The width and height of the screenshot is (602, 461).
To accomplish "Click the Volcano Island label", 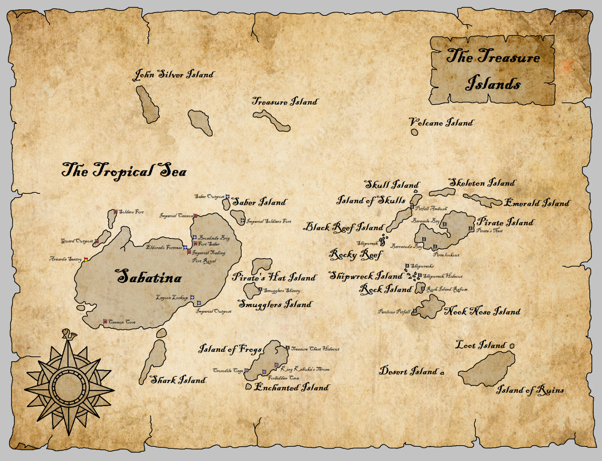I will click(x=441, y=122).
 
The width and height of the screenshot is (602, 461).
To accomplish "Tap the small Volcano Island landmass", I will click(x=414, y=132).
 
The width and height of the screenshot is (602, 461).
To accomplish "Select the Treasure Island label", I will click(x=285, y=102).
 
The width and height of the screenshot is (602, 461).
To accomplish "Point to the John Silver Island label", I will click(x=174, y=75).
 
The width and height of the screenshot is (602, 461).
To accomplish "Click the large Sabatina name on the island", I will click(x=149, y=277).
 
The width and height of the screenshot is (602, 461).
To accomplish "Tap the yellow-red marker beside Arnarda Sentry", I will click(x=86, y=259).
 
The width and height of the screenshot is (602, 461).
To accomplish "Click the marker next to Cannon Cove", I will click(x=105, y=322).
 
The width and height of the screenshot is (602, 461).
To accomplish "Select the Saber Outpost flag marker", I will click(x=227, y=196).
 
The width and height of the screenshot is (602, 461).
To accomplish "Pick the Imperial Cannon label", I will click(x=176, y=216).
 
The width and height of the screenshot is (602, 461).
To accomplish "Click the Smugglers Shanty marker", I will click(x=260, y=290).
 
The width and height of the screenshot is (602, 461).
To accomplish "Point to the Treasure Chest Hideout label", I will click(x=315, y=349).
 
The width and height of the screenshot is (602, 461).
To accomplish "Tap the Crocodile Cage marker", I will click(x=246, y=370).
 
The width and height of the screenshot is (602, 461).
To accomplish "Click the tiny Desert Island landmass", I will click(x=442, y=373).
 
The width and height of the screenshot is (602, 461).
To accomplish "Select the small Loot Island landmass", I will click(x=512, y=346).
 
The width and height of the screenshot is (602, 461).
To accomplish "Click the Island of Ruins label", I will click(x=530, y=390).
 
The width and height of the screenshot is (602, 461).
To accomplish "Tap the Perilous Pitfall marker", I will click(x=415, y=311).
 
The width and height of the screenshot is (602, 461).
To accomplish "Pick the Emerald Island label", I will click(x=537, y=203).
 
